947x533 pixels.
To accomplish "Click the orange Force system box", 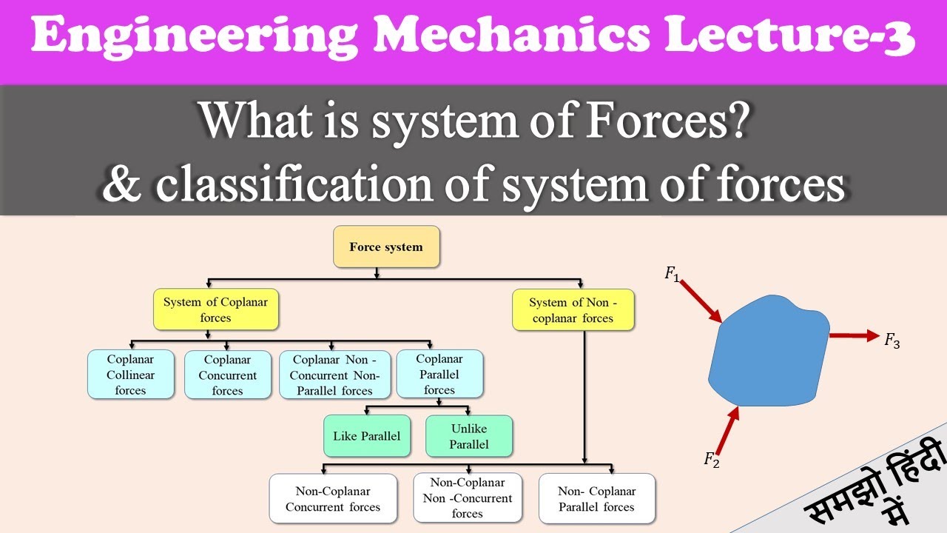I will pyautogui.click(x=386, y=247).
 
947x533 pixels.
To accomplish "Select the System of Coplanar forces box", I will pyautogui.click(x=215, y=309).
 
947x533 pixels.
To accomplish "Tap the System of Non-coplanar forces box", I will pyautogui.click(x=572, y=309).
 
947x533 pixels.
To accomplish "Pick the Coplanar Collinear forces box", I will pyautogui.click(x=130, y=375).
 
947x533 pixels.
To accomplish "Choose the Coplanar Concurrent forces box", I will pyautogui.click(x=227, y=375).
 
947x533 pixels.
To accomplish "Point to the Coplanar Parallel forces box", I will pyautogui.click(x=439, y=375).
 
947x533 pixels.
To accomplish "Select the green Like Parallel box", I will pyautogui.click(x=366, y=435).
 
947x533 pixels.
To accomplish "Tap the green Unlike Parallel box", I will pyautogui.click(x=468, y=435).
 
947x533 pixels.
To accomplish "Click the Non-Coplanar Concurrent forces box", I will pyautogui.click(x=333, y=498).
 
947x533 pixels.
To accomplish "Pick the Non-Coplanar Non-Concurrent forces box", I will pyautogui.click(x=467, y=498).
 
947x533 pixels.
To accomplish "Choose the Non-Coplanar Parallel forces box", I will pyautogui.click(x=596, y=498).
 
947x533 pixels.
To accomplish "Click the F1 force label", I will pyautogui.click(x=671, y=274).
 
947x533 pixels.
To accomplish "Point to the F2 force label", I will pyautogui.click(x=711, y=460).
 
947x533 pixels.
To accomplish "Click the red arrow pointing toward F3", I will pyautogui.click(x=854, y=336).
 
